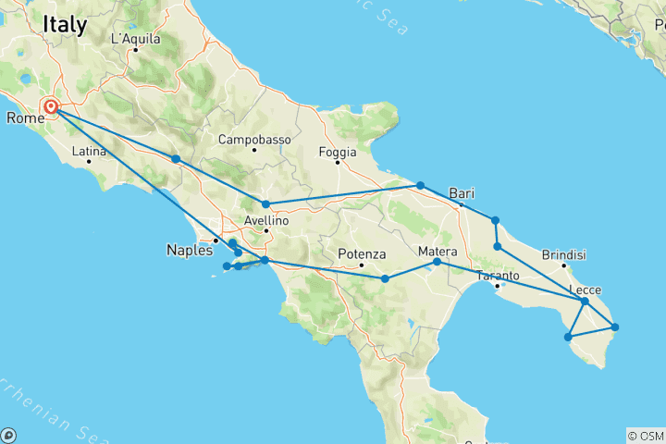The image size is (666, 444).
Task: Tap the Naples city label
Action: (189, 250)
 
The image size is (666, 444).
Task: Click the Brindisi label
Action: (564, 254)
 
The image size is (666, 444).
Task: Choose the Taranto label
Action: (498, 276)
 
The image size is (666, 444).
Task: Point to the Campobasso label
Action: (254, 140)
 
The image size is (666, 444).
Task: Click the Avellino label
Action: (266, 220)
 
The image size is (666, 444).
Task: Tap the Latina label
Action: (89, 151)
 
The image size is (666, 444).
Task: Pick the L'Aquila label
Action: (135, 39)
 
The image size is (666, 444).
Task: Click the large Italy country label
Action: (65, 27)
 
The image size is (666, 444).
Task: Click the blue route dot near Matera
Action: (437, 263)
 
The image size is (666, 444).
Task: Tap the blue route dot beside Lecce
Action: (585, 302)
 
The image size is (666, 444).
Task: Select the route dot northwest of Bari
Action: (420, 186)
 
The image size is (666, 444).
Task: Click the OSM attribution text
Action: (645, 435)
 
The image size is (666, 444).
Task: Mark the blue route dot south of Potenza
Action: (385, 277)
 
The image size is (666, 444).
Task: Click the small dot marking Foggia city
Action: (338, 163)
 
